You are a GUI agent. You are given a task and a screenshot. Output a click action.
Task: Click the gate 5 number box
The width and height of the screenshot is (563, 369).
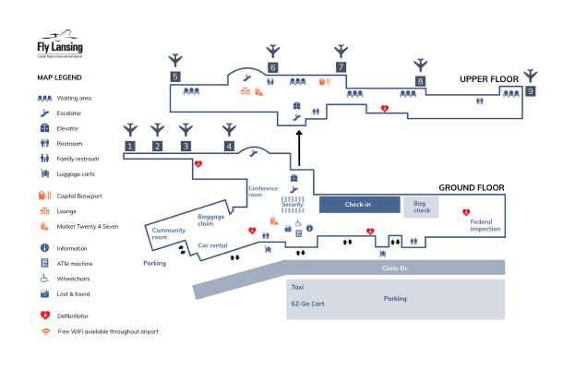[x=175, y=77]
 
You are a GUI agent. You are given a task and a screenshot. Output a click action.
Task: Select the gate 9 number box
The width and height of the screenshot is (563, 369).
[x=530, y=91]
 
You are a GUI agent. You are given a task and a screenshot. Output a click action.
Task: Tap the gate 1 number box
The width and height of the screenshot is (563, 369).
[x=131, y=146]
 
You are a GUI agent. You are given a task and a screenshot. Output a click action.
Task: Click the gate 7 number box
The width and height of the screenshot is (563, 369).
[x=341, y=67]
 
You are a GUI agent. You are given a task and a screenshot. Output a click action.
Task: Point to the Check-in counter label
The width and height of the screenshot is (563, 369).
[x=359, y=205]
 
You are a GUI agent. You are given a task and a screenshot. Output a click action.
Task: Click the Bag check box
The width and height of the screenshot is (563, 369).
[x=421, y=208]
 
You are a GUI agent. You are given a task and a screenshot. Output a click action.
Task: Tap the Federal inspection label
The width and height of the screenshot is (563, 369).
[x=485, y=224]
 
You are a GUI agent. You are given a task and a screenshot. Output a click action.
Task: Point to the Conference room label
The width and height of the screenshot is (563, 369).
[x=263, y=191]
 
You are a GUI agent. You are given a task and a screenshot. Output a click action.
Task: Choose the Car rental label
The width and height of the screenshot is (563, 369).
[x=213, y=245]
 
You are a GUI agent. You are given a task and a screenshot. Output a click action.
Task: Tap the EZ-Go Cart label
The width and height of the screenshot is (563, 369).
[x=308, y=304]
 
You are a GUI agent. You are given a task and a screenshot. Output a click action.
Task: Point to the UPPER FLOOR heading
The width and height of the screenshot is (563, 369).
[x=490, y=80]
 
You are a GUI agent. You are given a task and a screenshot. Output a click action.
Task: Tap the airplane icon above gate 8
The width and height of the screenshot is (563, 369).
[x=421, y=64]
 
